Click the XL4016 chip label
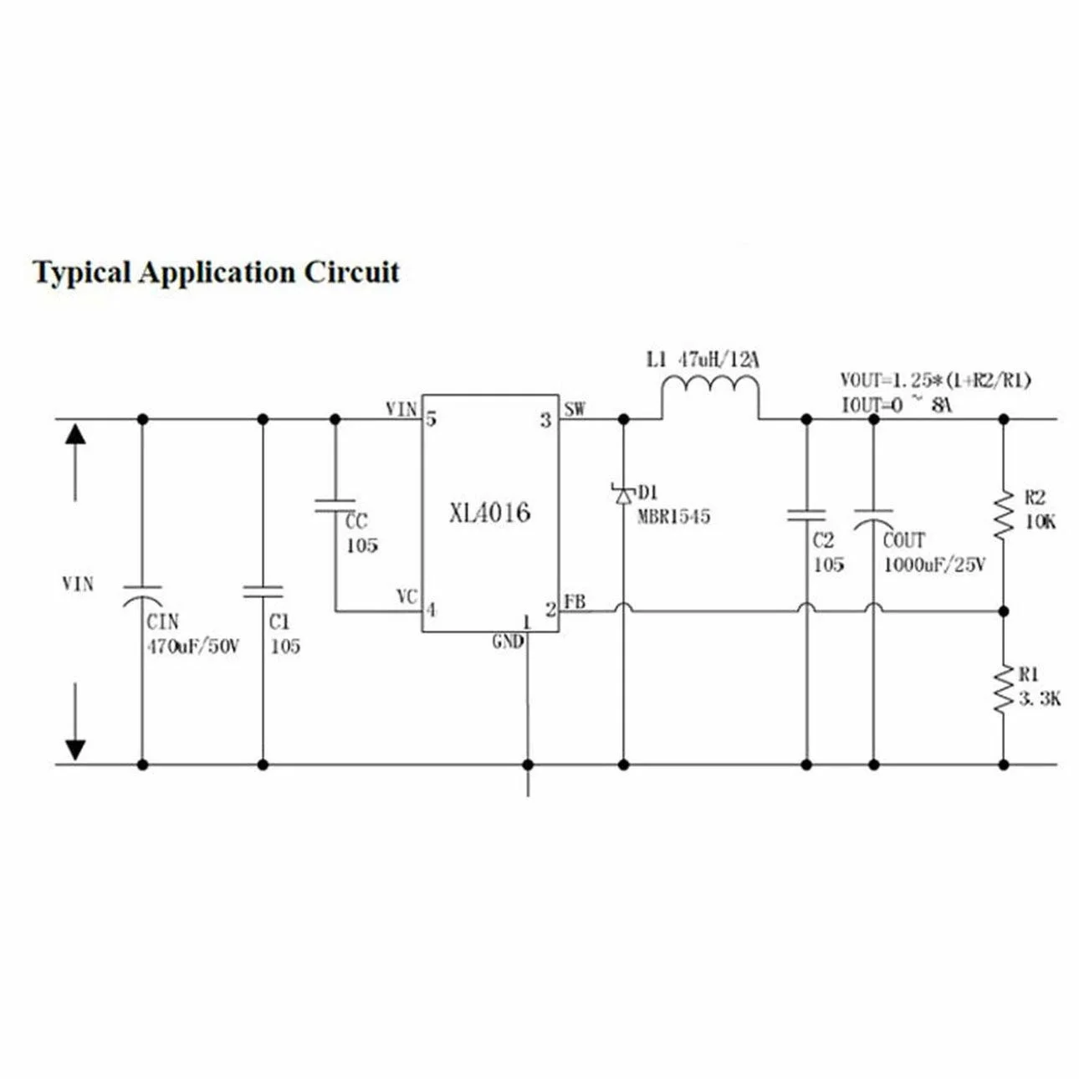(x=489, y=513)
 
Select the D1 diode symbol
(x=623, y=495)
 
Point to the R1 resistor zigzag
(x=1004, y=688)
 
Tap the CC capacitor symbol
(x=335, y=504)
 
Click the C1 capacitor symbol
(x=263, y=592)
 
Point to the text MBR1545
(x=673, y=517)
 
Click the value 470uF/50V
(x=193, y=647)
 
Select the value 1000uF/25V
(x=934, y=565)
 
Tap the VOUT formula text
(x=935, y=381)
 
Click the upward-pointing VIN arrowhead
(x=75, y=434)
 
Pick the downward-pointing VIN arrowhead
(x=75, y=749)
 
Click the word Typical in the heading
(x=82, y=273)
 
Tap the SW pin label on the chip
(x=575, y=410)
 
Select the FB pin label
(x=575, y=601)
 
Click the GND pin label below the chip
(x=508, y=642)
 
